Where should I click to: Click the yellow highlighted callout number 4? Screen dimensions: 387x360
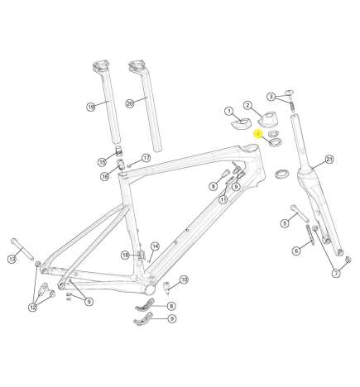[258, 132]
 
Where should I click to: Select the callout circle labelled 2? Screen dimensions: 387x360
[247, 105]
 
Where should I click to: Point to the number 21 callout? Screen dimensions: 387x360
[329, 159]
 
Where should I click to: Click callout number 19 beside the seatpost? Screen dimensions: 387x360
[91, 106]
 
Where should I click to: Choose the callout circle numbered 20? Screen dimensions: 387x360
[129, 103]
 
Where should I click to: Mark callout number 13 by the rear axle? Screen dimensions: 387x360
[12, 260]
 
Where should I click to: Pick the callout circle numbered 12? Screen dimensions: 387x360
[32, 308]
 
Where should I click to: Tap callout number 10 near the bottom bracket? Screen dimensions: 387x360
[184, 280]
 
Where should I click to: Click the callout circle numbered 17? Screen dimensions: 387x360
[146, 158]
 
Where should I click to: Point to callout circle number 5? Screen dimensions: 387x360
[283, 222]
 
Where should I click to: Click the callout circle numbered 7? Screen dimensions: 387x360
[336, 273]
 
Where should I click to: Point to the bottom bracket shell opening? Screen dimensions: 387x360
[150, 291]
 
